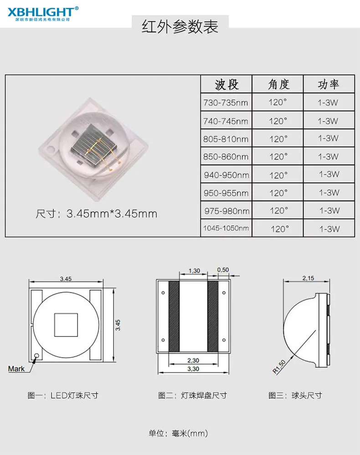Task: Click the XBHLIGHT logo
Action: point(43,14)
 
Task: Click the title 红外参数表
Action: point(180,27)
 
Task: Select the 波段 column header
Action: point(226,84)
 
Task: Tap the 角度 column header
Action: point(278,84)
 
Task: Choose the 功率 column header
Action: point(329,84)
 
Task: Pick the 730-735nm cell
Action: point(226,103)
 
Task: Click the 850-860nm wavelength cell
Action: point(226,157)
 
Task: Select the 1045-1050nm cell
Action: point(226,228)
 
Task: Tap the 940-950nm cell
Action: point(226,175)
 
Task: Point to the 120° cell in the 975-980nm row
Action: point(279,211)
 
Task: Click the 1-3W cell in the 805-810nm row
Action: point(329,138)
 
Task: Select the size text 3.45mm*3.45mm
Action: point(112,214)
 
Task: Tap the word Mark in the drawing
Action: point(16,369)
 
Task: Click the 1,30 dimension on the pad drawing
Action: point(194,271)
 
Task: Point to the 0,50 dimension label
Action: point(223,270)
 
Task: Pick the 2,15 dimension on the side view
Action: point(308,278)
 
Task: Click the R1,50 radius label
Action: point(279,367)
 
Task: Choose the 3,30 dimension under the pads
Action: point(193,369)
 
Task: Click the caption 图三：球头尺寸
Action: point(295,395)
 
